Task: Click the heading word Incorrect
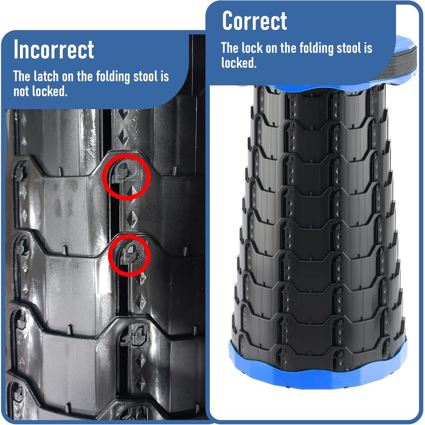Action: point(54,49)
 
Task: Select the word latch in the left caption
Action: point(46,76)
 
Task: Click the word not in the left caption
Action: point(21,91)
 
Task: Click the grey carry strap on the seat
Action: point(399,65)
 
